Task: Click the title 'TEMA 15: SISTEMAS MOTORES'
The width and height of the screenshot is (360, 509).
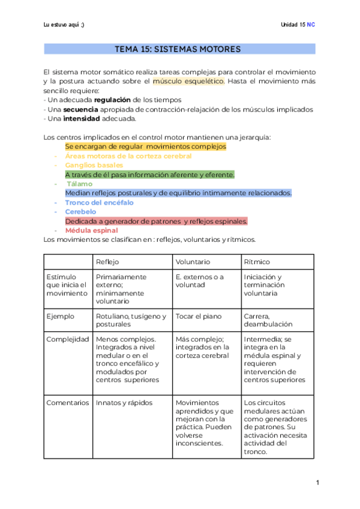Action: pyautogui.click(x=180, y=48)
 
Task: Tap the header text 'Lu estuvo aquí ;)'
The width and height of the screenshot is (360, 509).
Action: pyautogui.click(x=64, y=25)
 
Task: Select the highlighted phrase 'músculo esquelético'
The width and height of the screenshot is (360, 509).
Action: pyautogui.click(x=188, y=80)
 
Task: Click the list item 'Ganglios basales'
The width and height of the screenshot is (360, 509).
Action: pyautogui.click(x=94, y=165)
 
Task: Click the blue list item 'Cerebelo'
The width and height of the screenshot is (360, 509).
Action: pyautogui.click(x=80, y=211)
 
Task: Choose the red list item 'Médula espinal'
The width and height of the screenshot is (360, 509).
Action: pyautogui.click(x=91, y=230)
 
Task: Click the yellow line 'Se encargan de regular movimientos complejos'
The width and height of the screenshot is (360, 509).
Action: pyautogui.click(x=145, y=146)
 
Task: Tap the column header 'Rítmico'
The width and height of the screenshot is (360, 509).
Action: pyautogui.click(x=257, y=262)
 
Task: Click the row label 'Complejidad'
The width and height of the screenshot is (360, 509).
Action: pyautogui.click(x=68, y=339)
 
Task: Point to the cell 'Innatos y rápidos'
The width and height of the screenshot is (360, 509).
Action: pyautogui.click(x=124, y=402)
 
